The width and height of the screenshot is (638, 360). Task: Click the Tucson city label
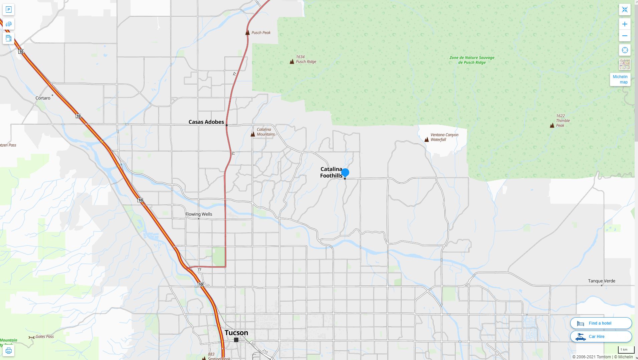tap(236, 333)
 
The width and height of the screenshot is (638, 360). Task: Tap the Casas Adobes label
tap(206, 122)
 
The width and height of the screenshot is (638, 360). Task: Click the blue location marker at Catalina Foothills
tap(345, 173)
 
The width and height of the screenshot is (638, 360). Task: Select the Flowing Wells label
tap(199, 214)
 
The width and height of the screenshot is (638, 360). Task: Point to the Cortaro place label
tap(43, 98)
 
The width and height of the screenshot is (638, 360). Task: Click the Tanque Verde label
tap(601, 281)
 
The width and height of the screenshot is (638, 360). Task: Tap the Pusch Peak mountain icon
tap(247, 33)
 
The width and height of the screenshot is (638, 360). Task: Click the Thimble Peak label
tap(563, 121)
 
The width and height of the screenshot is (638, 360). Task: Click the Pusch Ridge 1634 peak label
tap(305, 59)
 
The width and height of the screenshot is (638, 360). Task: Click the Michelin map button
tap(620, 79)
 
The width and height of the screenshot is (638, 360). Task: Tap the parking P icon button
tap(9, 10)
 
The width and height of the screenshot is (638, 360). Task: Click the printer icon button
tap(9, 351)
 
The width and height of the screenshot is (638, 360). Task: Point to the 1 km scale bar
tap(624, 350)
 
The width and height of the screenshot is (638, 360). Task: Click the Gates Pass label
tap(44, 337)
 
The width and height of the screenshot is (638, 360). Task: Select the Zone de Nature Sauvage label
tap(471, 60)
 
